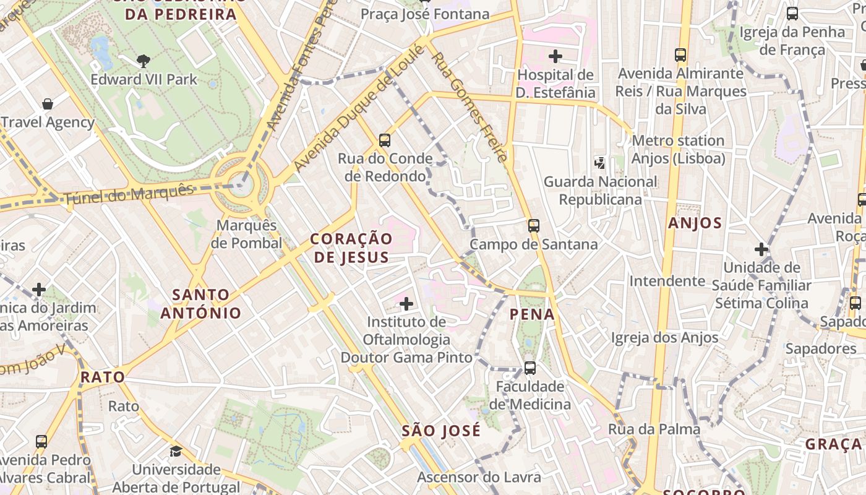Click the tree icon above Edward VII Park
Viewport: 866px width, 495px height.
coord(144,61)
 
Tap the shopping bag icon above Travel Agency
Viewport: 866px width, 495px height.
coord(48,103)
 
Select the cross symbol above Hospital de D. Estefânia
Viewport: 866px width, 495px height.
coord(555,56)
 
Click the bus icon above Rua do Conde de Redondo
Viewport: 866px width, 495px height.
coord(385,140)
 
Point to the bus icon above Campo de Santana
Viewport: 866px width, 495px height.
coord(534,226)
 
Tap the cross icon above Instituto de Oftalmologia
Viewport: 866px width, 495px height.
coord(406,304)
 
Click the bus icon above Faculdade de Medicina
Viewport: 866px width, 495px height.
coord(530,368)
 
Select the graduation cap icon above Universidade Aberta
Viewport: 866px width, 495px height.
coord(176,451)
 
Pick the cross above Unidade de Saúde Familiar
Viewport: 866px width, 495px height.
coord(761,249)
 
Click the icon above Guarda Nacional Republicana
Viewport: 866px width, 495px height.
coord(600,163)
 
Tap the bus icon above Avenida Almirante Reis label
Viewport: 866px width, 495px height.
coord(681,55)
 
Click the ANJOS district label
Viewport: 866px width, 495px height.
coord(695,223)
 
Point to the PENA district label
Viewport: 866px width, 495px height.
coord(532,314)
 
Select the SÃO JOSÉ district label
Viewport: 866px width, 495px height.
coord(441,431)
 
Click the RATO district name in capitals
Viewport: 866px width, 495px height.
coord(103,377)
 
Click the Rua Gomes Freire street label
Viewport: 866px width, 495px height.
coord(470,106)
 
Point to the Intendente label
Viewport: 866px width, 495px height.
coord(667,282)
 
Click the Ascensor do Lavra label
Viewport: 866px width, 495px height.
coord(479,477)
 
